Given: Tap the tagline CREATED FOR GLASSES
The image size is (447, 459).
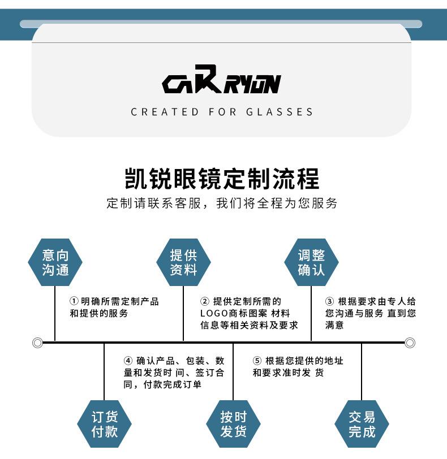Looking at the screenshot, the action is point(222,112).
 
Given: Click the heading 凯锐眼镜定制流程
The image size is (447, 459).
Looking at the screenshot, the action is point(222,179).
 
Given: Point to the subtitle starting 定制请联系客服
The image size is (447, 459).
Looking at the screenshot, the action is point(222,203).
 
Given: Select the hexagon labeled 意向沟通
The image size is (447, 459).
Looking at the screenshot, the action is point(55,262).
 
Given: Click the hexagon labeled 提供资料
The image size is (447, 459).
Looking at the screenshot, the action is point(183,262).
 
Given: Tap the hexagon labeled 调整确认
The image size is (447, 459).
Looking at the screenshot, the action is point(311,262).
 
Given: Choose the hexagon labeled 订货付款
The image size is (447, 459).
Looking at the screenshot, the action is point(105,424).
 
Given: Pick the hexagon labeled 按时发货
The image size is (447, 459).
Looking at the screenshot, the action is point(233,424).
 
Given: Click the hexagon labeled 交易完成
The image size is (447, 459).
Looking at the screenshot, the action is point(362,424).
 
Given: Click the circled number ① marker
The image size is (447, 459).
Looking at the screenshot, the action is point(74,301).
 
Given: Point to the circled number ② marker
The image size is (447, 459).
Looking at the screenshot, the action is point(205,301).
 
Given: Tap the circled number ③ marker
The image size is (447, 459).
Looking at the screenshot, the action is point(329,301).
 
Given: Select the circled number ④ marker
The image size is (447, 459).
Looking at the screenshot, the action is point(128,361).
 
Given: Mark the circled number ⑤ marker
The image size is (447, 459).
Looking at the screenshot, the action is point(257,361).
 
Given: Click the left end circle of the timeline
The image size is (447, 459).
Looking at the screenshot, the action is point(38,343).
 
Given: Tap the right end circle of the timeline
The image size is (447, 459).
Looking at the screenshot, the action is point(410,343).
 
